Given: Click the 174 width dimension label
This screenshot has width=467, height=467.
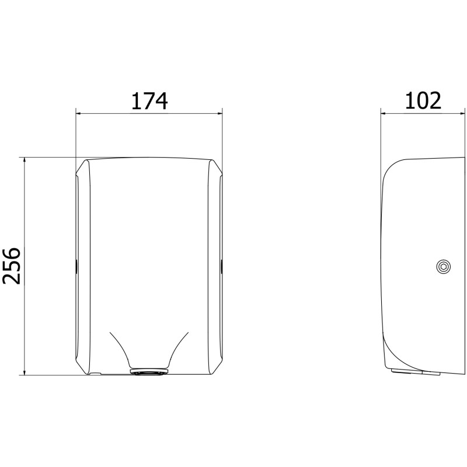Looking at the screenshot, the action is click(149, 101).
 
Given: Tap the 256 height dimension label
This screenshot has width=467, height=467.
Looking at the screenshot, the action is click(11, 266).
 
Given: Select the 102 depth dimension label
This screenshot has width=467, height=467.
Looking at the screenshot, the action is click(423, 100).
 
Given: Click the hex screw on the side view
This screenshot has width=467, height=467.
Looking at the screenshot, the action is click(443, 267).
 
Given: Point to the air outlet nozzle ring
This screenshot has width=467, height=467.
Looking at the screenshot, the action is click(149, 372).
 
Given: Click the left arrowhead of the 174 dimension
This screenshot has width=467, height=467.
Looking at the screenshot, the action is click(79, 113).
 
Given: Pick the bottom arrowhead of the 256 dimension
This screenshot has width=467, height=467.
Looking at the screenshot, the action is click(25, 372).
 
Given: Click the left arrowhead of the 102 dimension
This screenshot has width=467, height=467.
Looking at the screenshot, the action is click(384, 113).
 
